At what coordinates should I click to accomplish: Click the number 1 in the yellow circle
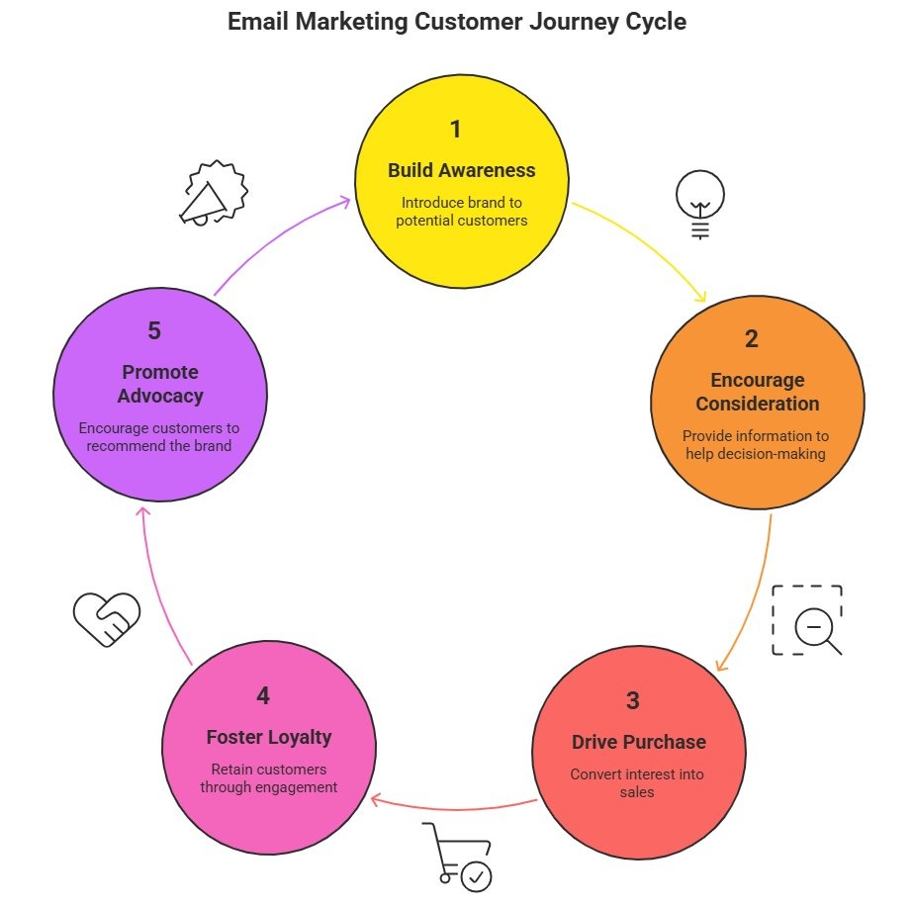(456, 130)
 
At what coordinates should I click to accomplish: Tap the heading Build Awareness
(461, 170)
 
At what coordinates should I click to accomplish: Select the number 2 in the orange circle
(752, 338)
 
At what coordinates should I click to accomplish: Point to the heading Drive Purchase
(639, 742)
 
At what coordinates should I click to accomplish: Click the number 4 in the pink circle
(262, 696)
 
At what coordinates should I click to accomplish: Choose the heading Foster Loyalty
(269, 737)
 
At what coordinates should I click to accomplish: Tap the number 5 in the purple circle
(154, 331)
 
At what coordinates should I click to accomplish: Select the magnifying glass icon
(815, 627)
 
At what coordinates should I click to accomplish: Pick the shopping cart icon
(458, 854)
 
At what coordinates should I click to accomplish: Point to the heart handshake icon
(106, 618)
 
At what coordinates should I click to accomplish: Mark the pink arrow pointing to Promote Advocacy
(158, 584)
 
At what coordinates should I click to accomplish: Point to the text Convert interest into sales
(638, 782)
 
